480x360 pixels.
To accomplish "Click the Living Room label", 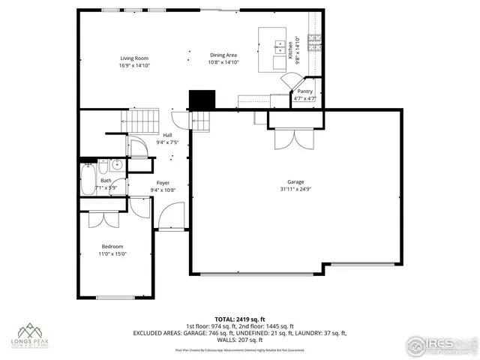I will pyautogui.click(x=135, y=58).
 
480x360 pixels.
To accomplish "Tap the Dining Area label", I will pyautogui.click(x=223, y=55).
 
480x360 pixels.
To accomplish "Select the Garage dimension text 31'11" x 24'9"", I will pyautogui.click(x=295, y=189).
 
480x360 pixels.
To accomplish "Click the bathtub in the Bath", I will pyautogui.click(x=87, y=180).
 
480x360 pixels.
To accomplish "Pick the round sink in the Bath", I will pyautogui.click(x=118, y=165).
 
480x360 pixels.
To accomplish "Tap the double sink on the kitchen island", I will pyautogui.click(x=279, y=45).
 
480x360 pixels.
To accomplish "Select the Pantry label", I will pyautogui.click(x=304, y=91).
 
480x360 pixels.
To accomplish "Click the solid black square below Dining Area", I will pyautogui.click(x=200, y=100).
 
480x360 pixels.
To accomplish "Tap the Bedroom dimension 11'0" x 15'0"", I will pyautogui.click(x=113, y=253).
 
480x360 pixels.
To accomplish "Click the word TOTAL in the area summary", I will pyautogui.click(x=225, y=319).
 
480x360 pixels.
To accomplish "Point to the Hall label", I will pyautogui.click(x=167, y=135).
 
